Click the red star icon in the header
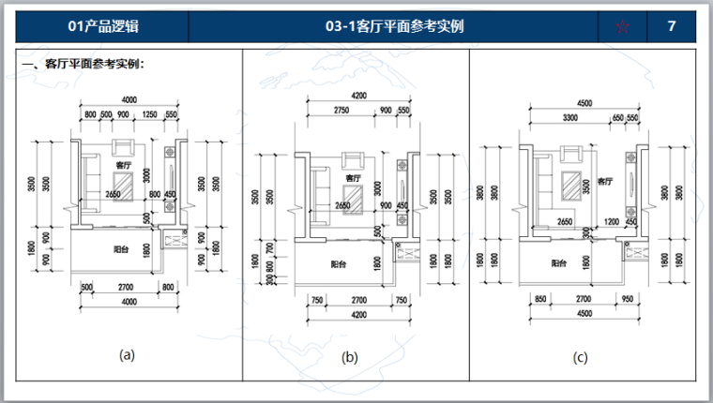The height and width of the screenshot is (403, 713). [623, 26]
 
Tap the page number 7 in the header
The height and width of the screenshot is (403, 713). [671, 26]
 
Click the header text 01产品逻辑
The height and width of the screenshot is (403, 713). [99, 26]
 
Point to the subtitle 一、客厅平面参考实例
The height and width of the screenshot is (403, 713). [83, 66]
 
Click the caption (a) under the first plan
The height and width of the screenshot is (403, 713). [127, 354]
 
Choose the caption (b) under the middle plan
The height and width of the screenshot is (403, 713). [350, 356]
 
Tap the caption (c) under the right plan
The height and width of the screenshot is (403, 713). [581, 357]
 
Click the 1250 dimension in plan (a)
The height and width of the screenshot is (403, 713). [148, 114]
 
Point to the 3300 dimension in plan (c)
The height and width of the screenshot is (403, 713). [569, 118]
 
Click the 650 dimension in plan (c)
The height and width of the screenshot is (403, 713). [616, 118]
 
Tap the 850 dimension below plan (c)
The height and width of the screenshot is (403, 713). [539, 299]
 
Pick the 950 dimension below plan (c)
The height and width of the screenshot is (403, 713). [628, 299]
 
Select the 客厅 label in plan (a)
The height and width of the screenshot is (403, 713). [122, 165]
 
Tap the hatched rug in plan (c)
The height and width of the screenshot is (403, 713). [569, 183]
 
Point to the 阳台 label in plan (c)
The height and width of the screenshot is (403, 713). [560, 263]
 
